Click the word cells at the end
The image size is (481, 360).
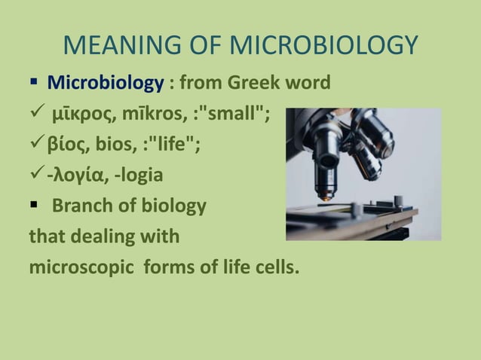275,267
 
